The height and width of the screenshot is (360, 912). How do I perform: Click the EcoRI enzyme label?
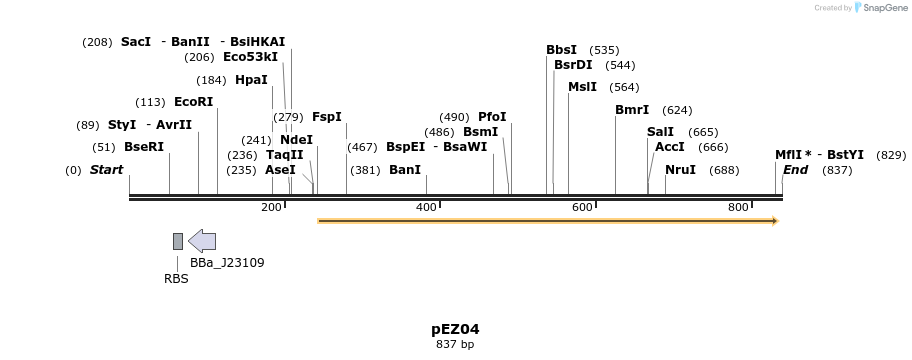tap(194, 102)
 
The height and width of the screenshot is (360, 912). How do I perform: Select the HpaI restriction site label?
tap(251, 80)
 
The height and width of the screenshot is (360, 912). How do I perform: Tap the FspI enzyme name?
tap(327, 117)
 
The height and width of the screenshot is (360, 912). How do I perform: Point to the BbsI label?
tap(561, 50)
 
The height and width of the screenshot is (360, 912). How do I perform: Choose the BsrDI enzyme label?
tap(573, 65)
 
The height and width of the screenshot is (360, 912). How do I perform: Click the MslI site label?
tap(582, 87)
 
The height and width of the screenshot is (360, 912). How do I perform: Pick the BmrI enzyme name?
tap(632, 110)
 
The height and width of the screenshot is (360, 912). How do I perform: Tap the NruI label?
tap(680, 170)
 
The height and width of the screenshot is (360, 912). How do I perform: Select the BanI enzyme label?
tap(405, 170)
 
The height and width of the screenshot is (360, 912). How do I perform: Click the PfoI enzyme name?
tap(492, 117)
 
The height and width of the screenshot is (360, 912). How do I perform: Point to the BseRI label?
tap(144, 147)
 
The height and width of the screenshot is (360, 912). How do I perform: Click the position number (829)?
tap(891, 155)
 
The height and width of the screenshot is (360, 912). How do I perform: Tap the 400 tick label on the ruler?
tap(427, 207)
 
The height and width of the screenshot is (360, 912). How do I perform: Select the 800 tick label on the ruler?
tap(739, 207)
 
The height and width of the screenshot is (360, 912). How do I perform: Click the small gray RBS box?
tap(178, 241)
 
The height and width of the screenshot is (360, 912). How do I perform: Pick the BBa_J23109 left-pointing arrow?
tap(202, 241)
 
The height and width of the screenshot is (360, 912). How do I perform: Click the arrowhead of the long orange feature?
tap(773, 220)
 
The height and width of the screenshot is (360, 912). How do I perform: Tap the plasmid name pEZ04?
tap(455, 329)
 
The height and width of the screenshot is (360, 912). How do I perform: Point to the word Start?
tap(106, 170)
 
